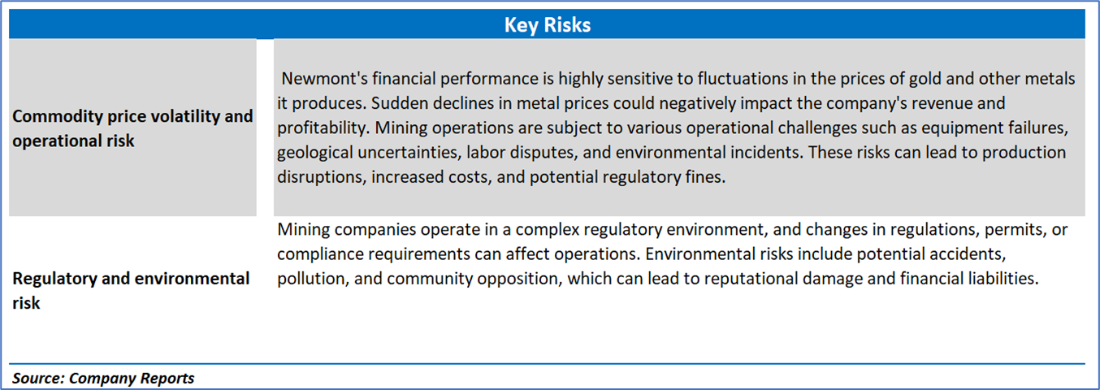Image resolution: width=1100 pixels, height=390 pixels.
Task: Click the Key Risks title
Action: tap(548, 24)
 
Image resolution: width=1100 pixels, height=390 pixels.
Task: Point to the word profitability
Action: tap(323, 128)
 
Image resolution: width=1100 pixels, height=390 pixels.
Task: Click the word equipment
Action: tap(962, 128)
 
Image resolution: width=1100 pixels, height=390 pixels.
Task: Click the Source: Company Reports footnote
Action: tap(103, 378)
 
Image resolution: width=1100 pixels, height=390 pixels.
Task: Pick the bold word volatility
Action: tap(186, 117)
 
